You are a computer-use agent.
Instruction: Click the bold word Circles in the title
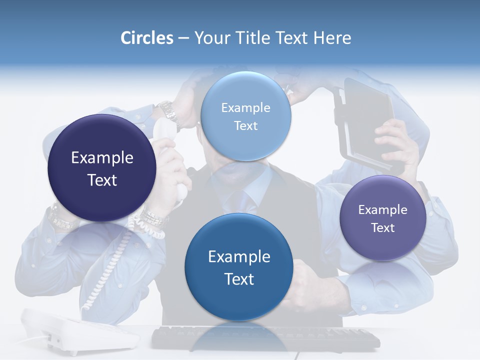(147, 38)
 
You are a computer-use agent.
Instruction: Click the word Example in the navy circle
(102, 158)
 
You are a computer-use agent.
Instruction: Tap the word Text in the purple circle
(383, 228)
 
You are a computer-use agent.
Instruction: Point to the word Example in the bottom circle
(239, 257)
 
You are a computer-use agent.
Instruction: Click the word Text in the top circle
(245, 126)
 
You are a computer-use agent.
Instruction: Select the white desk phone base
(80, 332)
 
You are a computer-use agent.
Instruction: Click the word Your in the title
(210, 38)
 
